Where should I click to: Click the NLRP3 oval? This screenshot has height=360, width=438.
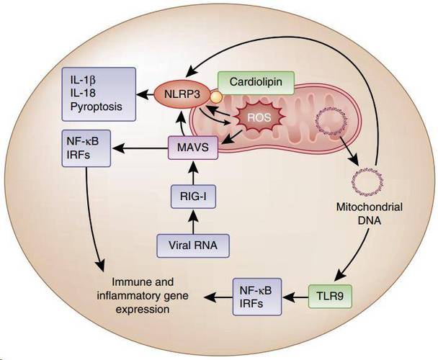[x=182, y=95]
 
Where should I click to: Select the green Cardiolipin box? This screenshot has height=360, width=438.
[x=256, y=82]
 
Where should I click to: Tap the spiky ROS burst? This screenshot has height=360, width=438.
[x=259, y=117]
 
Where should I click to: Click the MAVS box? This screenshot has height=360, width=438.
[x=193, y=148]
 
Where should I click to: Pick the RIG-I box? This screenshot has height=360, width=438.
[x=193, y=197]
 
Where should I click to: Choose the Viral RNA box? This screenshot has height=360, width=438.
[x=193, y=246]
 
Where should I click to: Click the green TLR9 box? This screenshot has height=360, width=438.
[x=330, y=296]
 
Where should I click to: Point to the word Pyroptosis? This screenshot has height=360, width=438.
[x=97, y=107]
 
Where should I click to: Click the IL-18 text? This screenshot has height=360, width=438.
[x=83, y=94]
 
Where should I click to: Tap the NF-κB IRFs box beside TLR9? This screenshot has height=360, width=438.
[x=257, y=297]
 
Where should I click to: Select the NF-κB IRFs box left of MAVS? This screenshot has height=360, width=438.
[x=86, y=148]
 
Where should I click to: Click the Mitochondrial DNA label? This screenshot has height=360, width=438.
[x=370, y=214]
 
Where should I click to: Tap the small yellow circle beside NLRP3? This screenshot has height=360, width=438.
[x=216, y=97]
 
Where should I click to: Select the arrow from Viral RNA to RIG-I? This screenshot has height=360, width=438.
[x=193, y=221]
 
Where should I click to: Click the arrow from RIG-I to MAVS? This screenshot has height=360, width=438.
[x=193, y=172]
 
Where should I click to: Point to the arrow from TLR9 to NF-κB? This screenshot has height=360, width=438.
[x=295, y=297]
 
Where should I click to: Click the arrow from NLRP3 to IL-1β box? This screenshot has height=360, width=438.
[x=145, y=95]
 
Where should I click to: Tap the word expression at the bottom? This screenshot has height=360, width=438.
[x=143, y=310]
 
